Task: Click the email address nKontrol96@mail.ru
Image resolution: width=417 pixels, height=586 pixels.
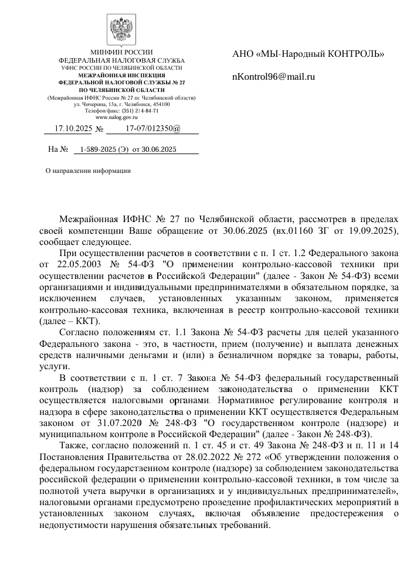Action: pyautogui.click(x=274, y=77)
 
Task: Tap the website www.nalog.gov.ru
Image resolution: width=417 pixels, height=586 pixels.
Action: pyautogui.click(x=121, y=118)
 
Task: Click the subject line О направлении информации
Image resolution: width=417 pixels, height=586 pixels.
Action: pyautogui.click(x=88, y=171)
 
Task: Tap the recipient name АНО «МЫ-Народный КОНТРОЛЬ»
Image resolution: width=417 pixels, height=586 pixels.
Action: pyautogui.click(x=308, y=54)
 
